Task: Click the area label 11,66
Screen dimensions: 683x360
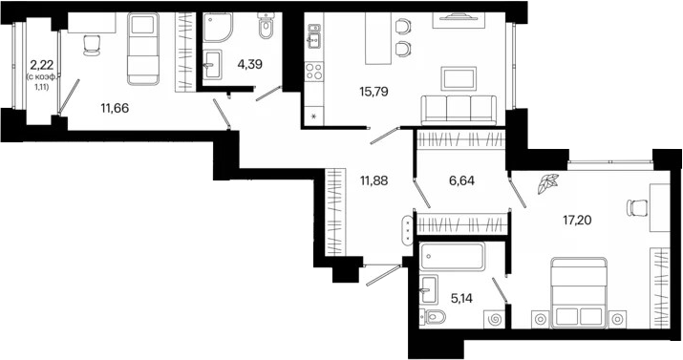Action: coord(115,108)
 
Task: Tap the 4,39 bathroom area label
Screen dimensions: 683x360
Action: coord(249,64)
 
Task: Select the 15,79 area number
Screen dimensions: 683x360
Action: coord(374,92)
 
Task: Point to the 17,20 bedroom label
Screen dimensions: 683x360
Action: coord(577,221)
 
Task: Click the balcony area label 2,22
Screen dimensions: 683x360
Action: coord(42,66)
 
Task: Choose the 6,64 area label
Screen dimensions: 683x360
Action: coord(461,180)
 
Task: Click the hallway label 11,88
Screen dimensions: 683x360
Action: coord(374,180)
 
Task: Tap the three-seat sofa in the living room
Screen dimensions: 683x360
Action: coord(459,110)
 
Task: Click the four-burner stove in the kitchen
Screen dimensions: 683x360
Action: coord(313,72)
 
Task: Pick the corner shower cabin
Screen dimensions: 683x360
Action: coord(218,27)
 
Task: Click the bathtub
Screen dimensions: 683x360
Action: coord(452,256)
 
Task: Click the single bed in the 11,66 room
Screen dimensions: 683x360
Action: coord(143,49)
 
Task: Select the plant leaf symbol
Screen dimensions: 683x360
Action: coord(547,183)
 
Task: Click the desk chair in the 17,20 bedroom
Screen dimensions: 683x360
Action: coord(637,207)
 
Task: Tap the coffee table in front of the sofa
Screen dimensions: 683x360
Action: coord(459,79)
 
